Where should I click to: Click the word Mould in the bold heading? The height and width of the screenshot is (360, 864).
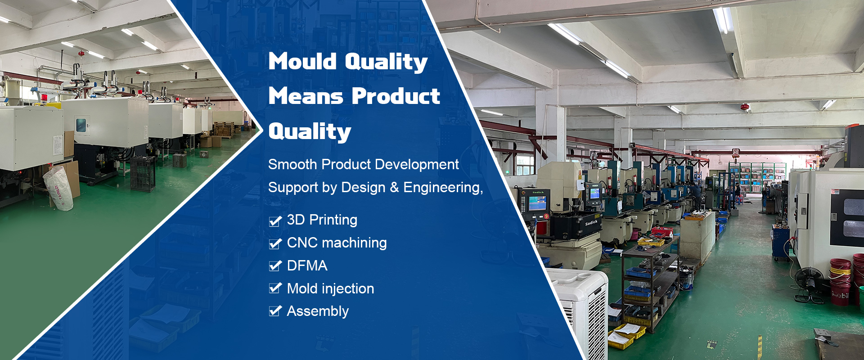point(302,61)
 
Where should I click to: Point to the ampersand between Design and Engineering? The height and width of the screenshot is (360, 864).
point(394,187)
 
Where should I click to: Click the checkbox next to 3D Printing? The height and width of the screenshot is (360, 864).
point(275,220)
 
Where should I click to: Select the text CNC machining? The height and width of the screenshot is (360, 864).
point(337,243)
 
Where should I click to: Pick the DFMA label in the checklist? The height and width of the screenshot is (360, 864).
point(307,265)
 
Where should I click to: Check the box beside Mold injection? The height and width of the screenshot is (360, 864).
point(275,288)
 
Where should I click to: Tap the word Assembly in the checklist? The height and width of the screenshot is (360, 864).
point(318,311)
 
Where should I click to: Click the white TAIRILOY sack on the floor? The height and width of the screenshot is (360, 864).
point(58,188)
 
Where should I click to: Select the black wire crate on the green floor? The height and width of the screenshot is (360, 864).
point(143,174)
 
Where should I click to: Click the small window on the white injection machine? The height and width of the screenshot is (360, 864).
point(81,125)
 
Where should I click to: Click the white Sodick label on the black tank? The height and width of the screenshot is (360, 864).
point(591,222)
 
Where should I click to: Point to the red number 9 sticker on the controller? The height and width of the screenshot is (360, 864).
point(546,216)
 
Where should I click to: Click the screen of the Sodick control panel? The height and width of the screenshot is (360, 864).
point(537,203)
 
